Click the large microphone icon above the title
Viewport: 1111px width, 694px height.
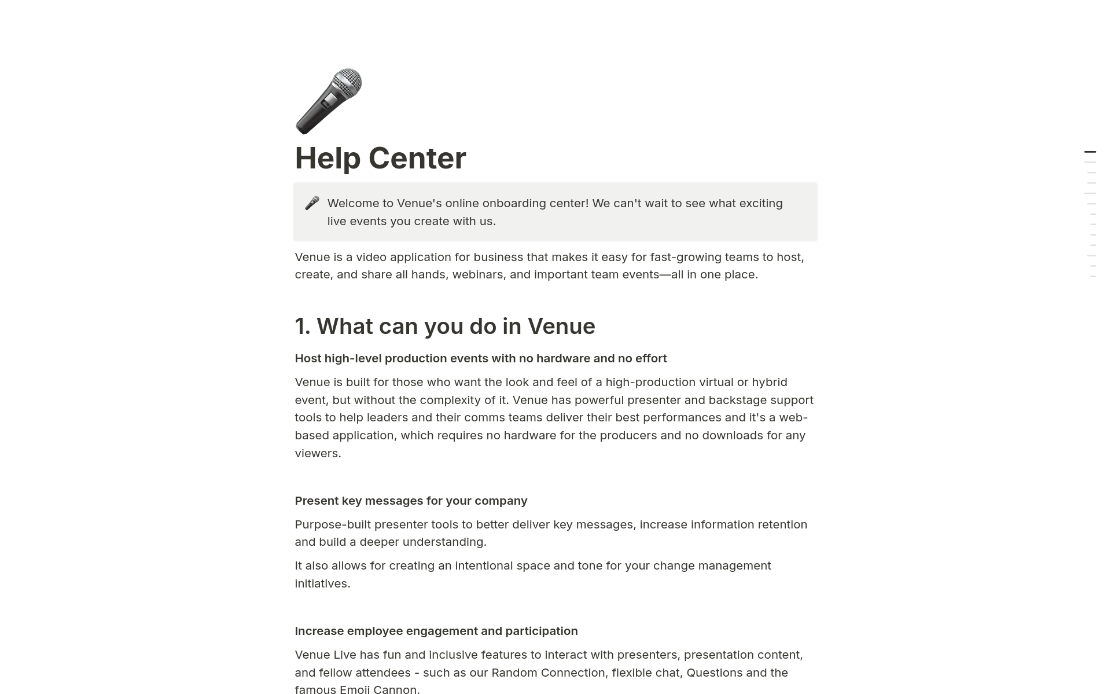328,101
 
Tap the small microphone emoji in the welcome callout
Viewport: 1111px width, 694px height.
312,203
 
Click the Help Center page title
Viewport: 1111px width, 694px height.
380,158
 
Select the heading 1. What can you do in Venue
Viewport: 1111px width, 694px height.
444,326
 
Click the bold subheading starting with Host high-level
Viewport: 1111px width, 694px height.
480,359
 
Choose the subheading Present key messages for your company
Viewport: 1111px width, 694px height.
411,501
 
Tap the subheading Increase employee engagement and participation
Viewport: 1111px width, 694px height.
436,631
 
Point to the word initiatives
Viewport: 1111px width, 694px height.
321,584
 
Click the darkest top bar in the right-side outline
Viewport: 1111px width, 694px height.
1090,152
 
